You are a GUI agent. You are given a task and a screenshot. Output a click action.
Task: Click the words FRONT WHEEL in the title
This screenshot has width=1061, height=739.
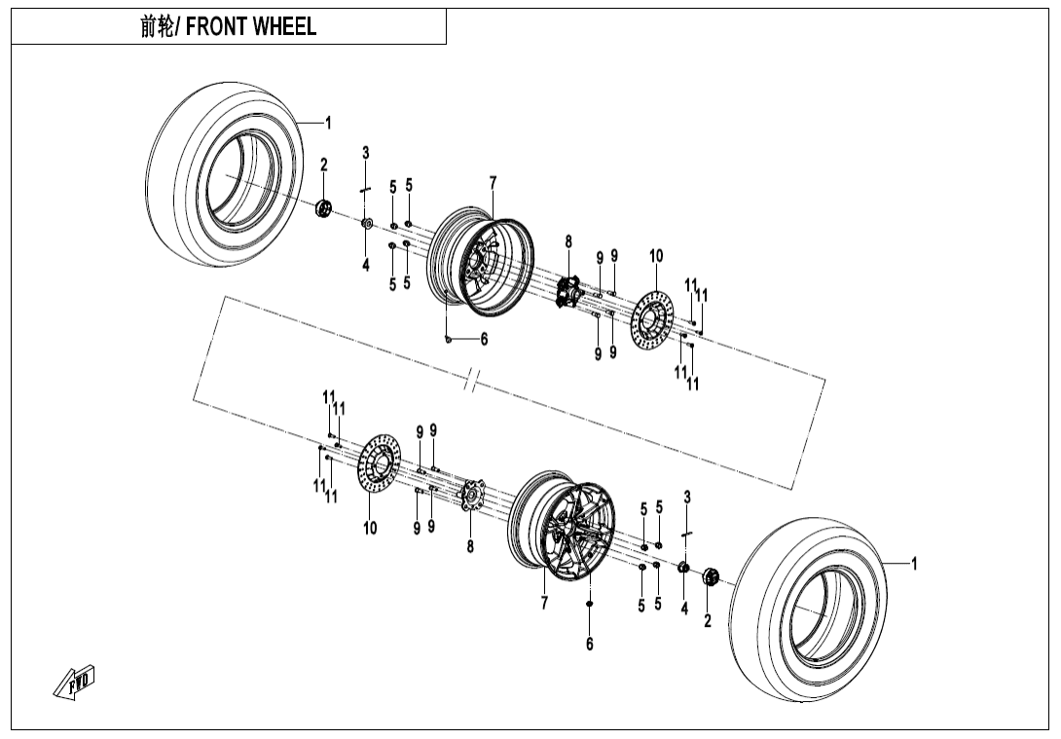(250, 27)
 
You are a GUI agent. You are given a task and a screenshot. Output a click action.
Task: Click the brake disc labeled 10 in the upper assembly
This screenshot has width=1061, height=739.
(651, 320)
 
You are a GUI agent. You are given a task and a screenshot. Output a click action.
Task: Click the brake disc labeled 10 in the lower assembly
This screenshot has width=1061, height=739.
(380, 466)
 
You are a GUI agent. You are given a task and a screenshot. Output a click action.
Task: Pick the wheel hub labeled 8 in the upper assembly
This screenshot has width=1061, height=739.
(568, 291)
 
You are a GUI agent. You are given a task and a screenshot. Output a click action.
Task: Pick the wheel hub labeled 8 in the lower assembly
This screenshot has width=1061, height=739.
(473, 494)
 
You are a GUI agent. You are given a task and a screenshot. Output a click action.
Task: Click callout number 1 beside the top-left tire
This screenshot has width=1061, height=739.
(328, 123)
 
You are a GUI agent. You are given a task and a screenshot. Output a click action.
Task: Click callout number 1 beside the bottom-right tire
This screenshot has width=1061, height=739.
(913, 563)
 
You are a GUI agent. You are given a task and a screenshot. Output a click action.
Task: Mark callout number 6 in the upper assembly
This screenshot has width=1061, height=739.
(484, 339)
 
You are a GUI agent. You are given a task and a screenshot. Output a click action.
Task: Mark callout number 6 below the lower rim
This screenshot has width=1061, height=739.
(589, 644)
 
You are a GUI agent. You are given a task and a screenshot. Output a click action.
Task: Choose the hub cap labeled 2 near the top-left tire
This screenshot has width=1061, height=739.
(324, 207)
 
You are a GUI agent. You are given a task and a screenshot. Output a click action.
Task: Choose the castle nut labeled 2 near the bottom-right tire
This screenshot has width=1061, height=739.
(710, 578)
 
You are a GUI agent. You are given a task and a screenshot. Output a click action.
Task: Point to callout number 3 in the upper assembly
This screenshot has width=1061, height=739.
(366, 153)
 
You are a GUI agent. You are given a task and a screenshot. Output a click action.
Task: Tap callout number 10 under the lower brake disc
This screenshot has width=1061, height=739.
(370, 529)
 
